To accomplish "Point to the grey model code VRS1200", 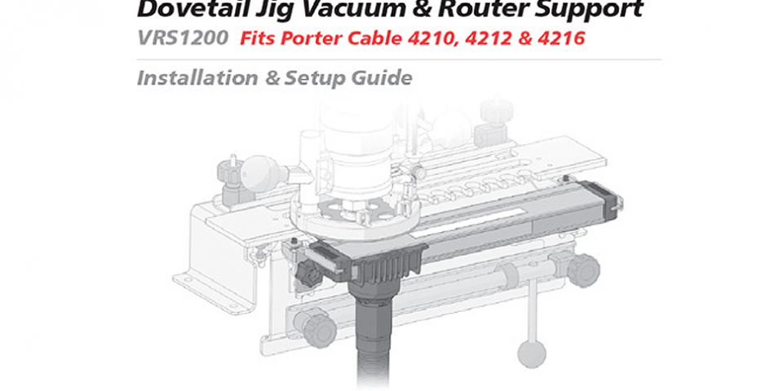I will pyautogui.click(x=182, y=38).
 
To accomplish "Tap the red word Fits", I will pyautogui.click(x=260, y=38).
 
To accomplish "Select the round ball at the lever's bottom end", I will pyautogui.click(x=532, y=351).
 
